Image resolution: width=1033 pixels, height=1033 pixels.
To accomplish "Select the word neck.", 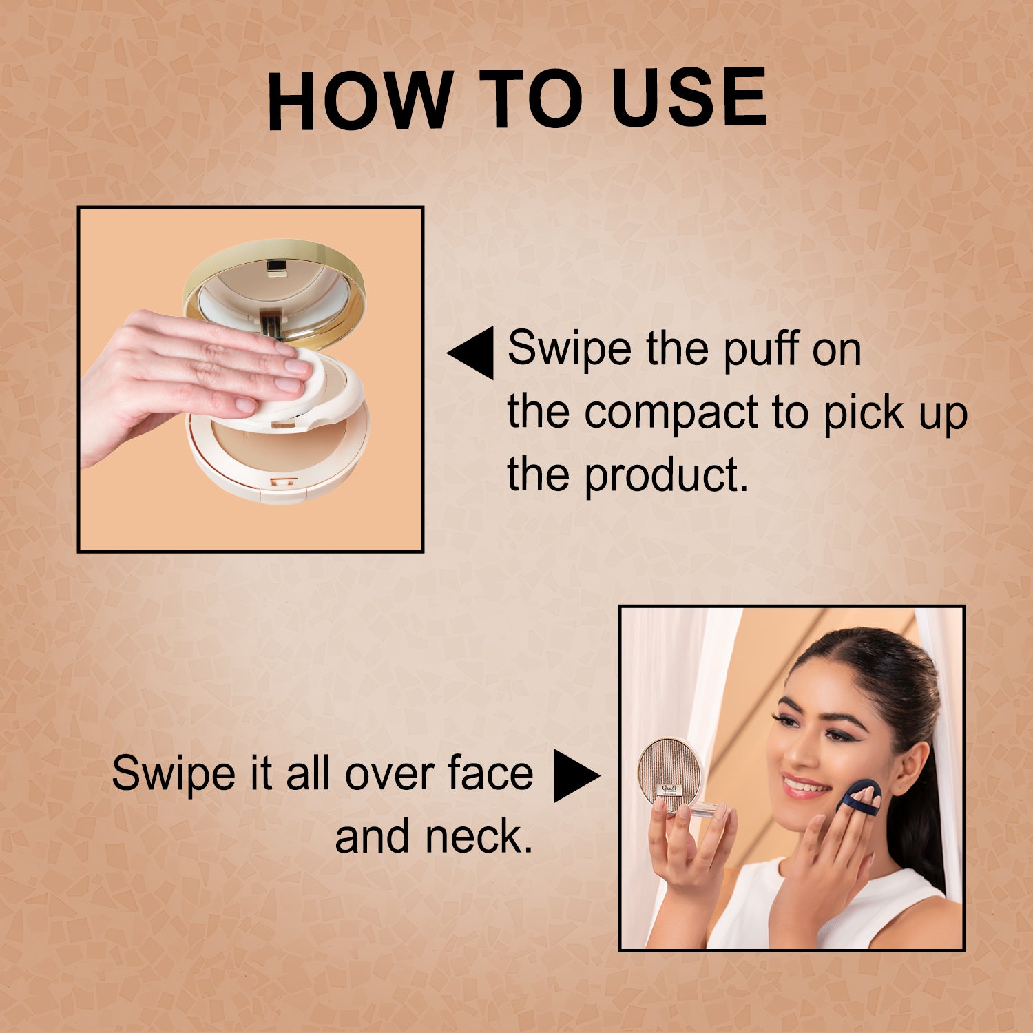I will (x=478, y=836).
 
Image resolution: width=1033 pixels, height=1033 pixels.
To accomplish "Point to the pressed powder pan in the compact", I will (x=275, y=448).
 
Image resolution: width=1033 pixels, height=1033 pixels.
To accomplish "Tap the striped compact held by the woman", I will (x=669, y=771).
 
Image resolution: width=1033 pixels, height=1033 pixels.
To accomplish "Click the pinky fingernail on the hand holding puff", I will (x=246, y=406).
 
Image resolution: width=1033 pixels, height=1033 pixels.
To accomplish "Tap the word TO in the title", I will (x=530, y=100).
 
